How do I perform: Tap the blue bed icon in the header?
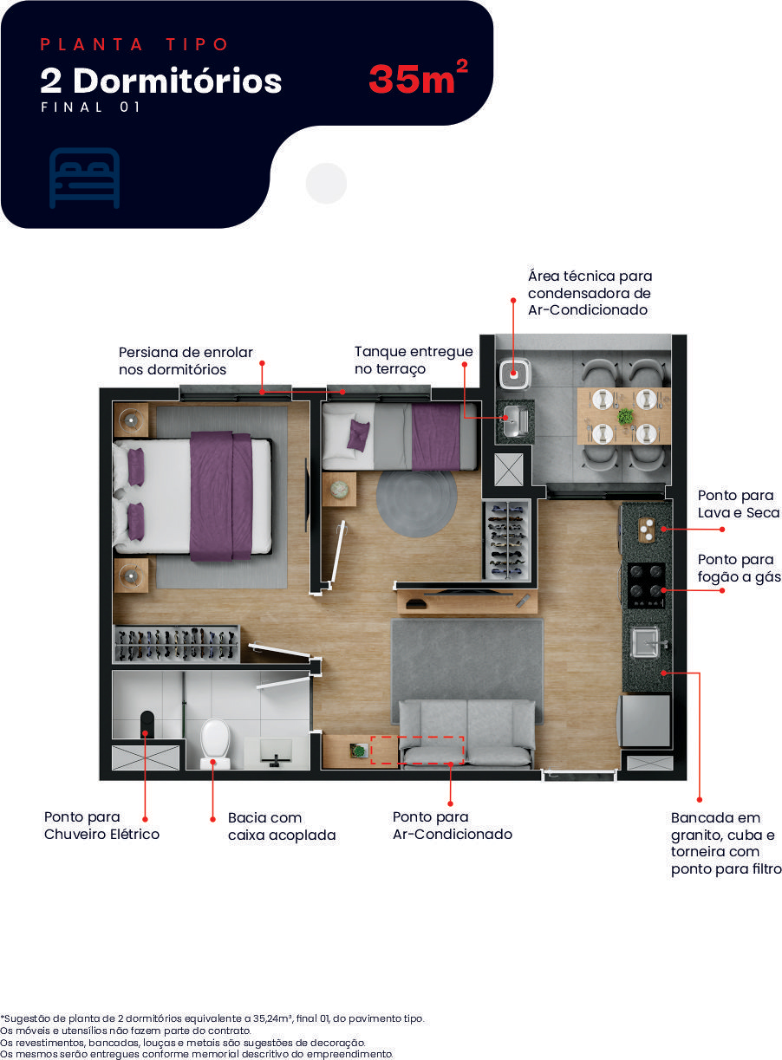click(84, 178)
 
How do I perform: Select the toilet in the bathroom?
click(215, 744)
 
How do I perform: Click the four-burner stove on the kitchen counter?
click(646, 585)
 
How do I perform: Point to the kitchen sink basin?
click(646, 642)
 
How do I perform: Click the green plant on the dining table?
click(625, 416)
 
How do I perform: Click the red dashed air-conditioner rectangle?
click(417, 750)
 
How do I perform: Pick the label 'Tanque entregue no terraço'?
click(414, 360)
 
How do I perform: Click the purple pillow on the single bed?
click(358, 435)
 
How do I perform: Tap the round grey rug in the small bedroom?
click(416, 504)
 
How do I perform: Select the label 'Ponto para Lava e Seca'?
click(739, 504)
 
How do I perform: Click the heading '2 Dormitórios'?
click(161, 81)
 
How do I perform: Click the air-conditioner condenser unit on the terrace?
click(514, 374)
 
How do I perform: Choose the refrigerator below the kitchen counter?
click(646, 720)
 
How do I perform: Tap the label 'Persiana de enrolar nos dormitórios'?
click(186, 361)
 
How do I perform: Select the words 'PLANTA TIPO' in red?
click(134, 44)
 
